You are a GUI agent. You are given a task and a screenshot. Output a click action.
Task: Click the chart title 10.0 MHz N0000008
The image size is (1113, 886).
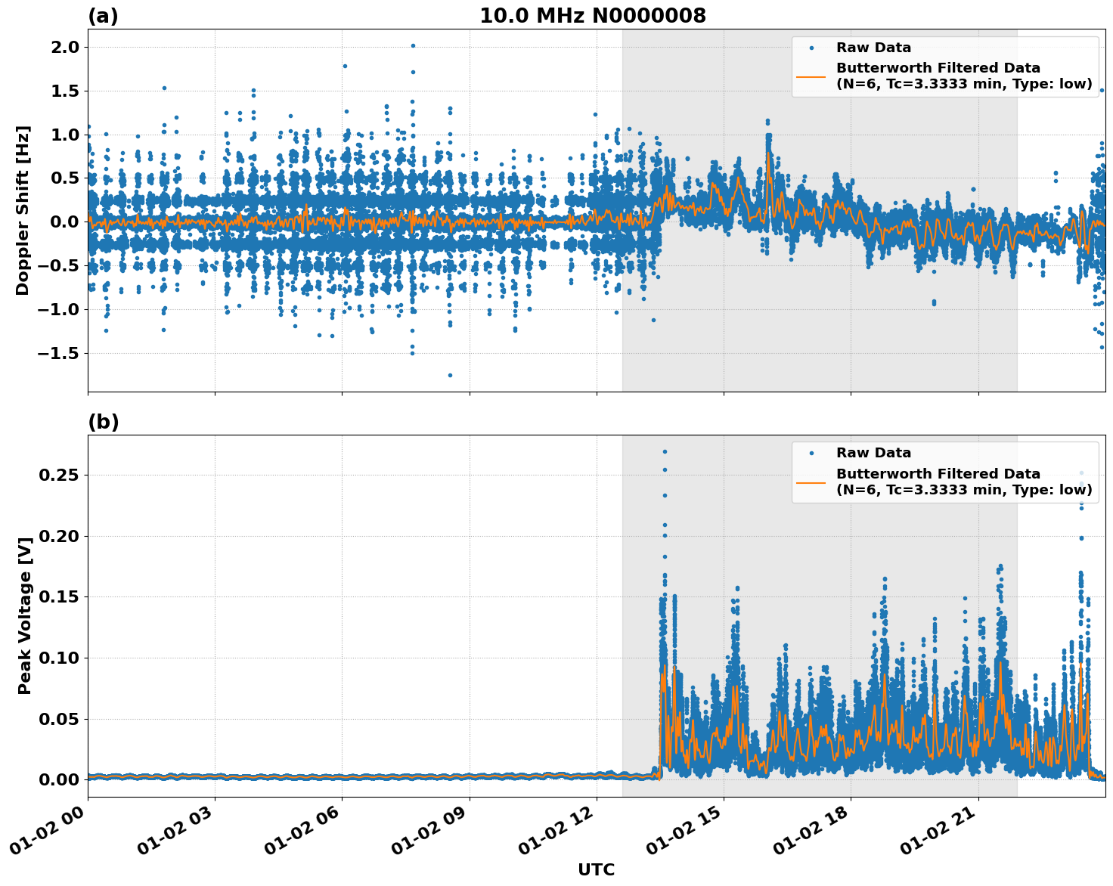coord(592,16)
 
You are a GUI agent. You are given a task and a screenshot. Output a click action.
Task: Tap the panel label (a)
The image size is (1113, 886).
coord(103,16)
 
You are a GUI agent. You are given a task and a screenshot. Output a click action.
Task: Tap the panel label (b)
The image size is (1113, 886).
coord(103,422)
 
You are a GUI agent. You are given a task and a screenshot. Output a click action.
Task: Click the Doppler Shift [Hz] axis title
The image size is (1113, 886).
coord(23,210)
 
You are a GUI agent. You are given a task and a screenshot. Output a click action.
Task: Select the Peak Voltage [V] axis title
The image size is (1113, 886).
coord(24,632)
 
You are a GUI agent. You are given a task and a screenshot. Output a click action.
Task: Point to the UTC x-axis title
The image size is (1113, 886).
coord(596,869)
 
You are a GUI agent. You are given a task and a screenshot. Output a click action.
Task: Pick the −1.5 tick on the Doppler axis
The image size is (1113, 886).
coord(57,353)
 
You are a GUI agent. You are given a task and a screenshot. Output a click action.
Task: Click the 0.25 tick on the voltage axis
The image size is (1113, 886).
coord(59,476)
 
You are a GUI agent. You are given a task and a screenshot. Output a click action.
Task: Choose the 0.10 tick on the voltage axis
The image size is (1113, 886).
coord(59,658)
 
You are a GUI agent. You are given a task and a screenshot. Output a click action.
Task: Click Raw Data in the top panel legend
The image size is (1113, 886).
coord(873,48)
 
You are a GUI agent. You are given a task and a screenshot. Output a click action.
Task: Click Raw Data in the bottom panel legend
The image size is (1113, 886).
coord(873,453)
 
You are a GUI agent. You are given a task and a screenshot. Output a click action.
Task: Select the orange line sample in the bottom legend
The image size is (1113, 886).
coord(811,482)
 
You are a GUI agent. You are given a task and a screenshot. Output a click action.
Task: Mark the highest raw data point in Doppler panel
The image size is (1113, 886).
coord(413,45)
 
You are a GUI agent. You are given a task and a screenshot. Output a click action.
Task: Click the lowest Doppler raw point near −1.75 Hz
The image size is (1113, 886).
coord(450,375)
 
